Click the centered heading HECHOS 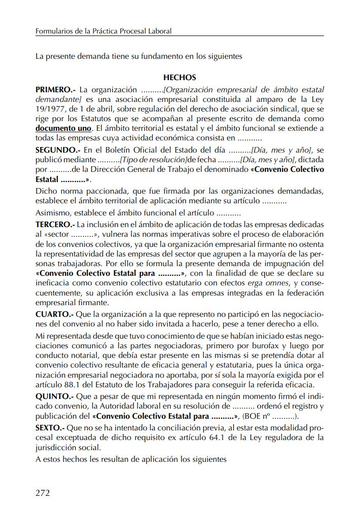point(179,78)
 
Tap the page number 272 point(43,492)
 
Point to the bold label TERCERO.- point(56,224)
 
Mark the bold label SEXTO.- point(49,428)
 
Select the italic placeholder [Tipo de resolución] point(148,160)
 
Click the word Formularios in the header point(53,31)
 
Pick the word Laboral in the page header point(159,31)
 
